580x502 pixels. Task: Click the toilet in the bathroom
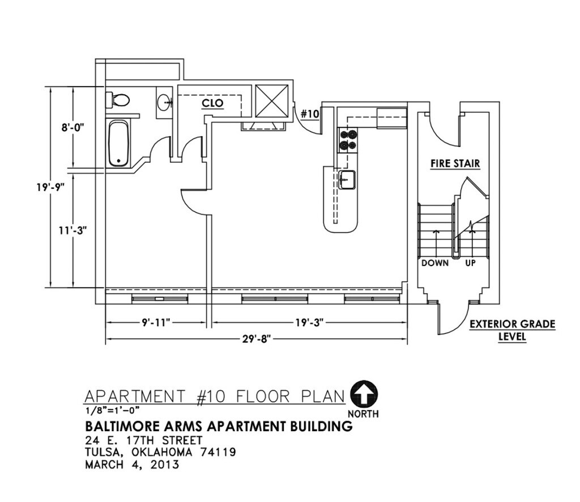click(118, 99)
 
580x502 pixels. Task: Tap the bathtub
click(119, 143)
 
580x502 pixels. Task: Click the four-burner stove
click(348, 140)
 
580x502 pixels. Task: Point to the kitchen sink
click(347, 180)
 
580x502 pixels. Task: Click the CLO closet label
click(213, 103)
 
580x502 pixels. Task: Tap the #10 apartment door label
click(310, 113)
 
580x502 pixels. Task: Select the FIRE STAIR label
click(455, 163)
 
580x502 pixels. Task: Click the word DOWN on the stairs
click(435, 263)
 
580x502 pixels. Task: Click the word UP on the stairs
click(470, 263)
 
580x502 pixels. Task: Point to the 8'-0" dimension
click(73, 128)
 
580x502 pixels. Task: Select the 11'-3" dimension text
click(73, 230)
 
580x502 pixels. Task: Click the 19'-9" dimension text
click(50, 187)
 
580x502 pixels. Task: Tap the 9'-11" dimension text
click(156, 322)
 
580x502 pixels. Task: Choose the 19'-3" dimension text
click(310, 322)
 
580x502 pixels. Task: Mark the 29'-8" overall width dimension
click(257, 339)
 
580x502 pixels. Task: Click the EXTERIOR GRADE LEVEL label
click(512, 330)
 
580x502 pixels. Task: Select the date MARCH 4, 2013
click(132, 464)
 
